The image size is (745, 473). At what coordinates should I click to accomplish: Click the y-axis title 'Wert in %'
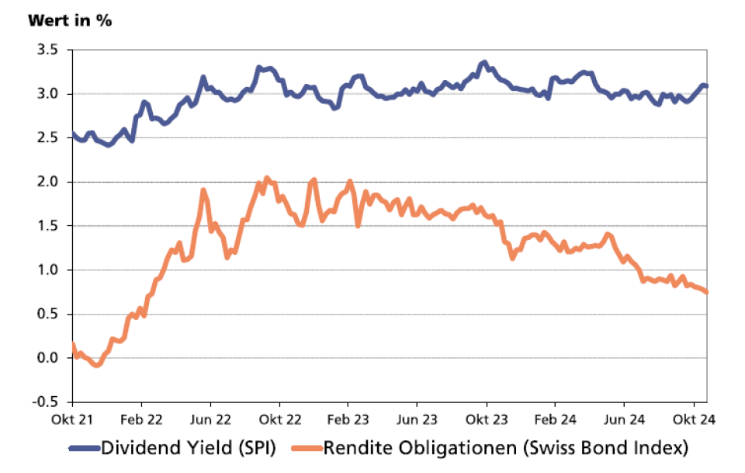tap(70, 20)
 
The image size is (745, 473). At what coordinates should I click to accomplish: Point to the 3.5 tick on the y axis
tap(48, 50)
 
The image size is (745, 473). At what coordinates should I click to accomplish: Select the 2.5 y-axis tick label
tap(48, 137)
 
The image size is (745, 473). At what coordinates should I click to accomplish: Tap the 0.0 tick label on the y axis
tap(48, 358)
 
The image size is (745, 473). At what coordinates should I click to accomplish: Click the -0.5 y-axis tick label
tap(47, 402)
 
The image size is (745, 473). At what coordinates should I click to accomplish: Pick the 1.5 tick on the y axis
tap(48, 226)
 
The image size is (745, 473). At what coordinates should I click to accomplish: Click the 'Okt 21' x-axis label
tap(72, 419)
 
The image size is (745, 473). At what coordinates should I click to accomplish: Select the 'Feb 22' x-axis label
tap(141, 419)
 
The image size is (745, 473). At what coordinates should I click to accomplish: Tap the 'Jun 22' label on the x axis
tap(210, 419)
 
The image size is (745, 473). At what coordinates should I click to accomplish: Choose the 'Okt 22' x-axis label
tap(279, 419)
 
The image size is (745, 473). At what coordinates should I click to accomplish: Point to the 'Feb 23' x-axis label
tap(348, 419)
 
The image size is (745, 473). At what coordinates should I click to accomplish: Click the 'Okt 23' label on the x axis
tap(486, 419)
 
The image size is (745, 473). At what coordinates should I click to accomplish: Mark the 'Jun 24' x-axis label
tap(624, 419)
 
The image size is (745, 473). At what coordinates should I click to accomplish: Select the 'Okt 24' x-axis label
tap(693, 419)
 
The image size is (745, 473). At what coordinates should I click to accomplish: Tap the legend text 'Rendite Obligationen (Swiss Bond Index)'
tap(506, 448)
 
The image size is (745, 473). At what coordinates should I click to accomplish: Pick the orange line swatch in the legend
tap(307, 448)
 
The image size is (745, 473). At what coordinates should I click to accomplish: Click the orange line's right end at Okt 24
tap(707, 292)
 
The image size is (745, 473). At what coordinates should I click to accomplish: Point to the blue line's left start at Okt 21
tap(73, 134)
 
